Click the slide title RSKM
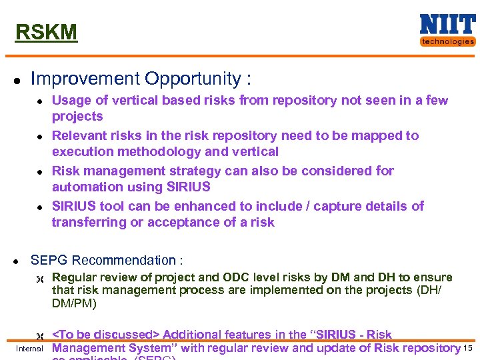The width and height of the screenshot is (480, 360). click(x=46, y=32)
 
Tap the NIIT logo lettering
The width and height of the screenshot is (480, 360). click(x=447, y=25)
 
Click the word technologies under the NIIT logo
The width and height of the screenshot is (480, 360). click(x=447, y=41)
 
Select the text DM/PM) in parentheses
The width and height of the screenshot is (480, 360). click(x=74, y=304)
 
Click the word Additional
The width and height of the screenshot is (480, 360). click(x=189, y=335)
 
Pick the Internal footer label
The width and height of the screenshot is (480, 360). click(x=29, y=349)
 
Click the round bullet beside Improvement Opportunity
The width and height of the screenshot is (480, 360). click(x=18, y=80)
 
